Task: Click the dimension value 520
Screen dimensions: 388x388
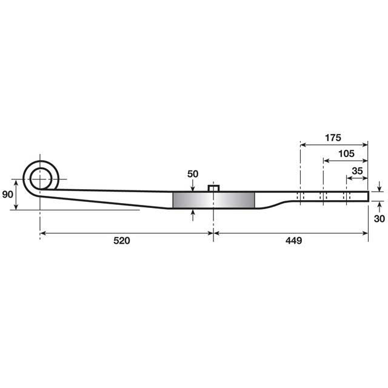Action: pos(122,241)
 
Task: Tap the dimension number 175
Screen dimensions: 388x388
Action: pos(333,137)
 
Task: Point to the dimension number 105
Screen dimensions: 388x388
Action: pos(346,153)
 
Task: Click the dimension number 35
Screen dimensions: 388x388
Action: pos(357,171)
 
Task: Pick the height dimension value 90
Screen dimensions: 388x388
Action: pos(8,195)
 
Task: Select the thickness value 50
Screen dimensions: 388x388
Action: pos(193,174)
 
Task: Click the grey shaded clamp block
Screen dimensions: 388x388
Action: pos(214,199)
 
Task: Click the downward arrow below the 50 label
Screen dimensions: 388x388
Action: pos(193,186)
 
